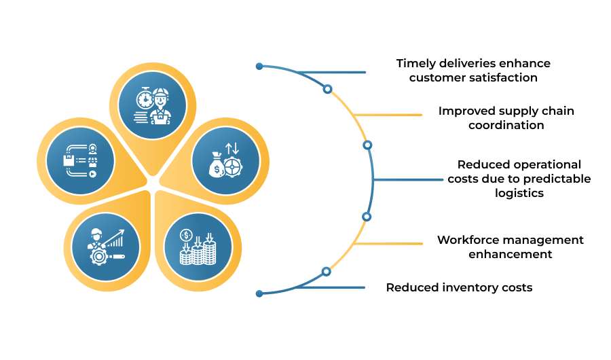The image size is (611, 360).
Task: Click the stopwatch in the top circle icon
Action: point(144,98)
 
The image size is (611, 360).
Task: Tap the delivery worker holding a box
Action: point(160,106)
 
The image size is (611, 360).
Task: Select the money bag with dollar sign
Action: point(217,164)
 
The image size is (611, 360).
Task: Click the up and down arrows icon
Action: point(232,149)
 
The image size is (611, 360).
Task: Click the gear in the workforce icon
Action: point(99,256)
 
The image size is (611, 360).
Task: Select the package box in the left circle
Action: point(69,160)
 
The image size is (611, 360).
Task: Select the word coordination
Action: point(506,125)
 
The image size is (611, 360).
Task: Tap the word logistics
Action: point(519,194)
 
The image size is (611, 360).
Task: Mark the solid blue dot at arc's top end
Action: point(259,67)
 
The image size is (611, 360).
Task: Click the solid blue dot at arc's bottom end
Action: point(259,293)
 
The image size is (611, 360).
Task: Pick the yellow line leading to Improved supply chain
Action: point(388,115)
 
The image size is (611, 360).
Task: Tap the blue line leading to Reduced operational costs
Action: point(409,180)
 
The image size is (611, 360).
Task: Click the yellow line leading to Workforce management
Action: point(388,244)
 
